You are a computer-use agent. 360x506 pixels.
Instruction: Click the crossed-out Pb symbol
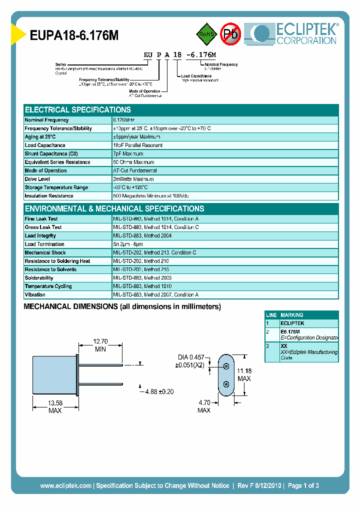click(x=230, y=34)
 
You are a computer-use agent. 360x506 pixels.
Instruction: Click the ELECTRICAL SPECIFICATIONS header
click(x=78, y=110)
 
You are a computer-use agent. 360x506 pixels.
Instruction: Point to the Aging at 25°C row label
click(x=40, y=137)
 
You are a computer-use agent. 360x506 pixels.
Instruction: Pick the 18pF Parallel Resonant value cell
click(x=137, y=145)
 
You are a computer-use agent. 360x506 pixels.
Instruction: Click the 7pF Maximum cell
click(x=128, y=154)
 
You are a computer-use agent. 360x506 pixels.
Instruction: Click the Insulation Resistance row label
click(x=49, y=196)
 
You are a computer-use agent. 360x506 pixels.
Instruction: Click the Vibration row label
click(x=35, y=295)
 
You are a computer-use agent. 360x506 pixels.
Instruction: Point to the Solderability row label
click(x=39, y=278)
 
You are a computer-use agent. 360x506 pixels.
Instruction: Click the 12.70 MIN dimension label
click(x=100, y=345)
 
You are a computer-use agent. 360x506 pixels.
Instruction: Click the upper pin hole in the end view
click(x=226, y=366)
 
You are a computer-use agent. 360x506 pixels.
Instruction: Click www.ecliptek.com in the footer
click(x=65, y=485)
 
